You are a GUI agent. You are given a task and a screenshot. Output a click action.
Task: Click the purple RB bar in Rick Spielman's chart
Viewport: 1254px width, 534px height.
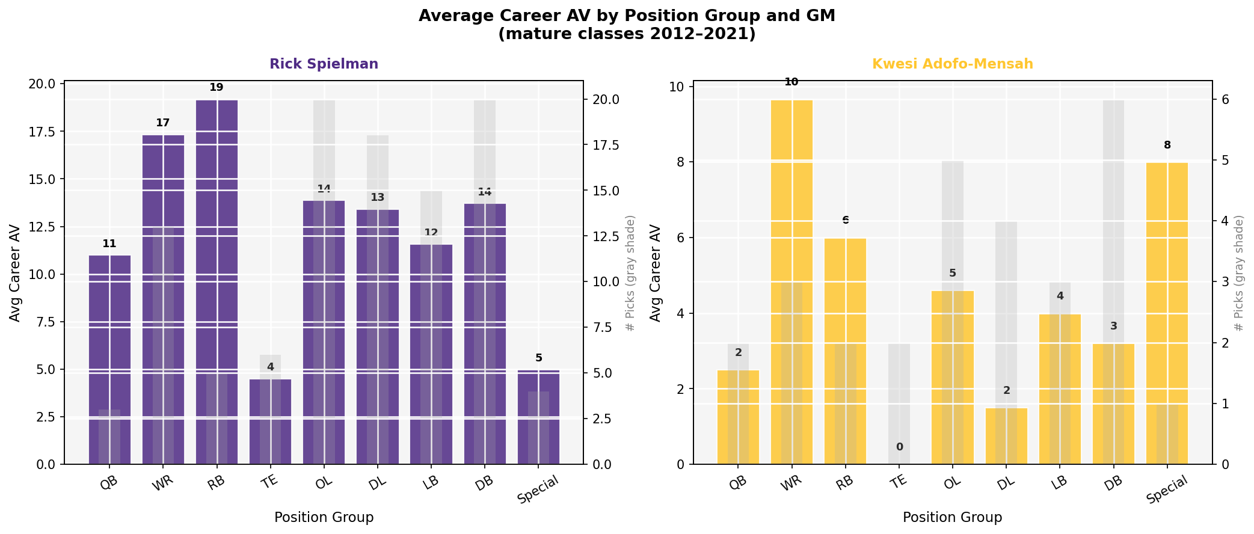(217, 283)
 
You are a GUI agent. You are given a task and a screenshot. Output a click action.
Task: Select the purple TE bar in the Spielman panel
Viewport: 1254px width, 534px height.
(270, 421)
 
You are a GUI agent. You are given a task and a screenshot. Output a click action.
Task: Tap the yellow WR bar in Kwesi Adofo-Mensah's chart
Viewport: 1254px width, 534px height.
(791, 283)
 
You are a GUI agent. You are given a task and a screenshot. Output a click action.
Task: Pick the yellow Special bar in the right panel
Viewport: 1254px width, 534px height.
(1167, 313)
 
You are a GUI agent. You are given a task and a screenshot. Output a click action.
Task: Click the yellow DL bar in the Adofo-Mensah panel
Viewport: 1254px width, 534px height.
(1006, 436)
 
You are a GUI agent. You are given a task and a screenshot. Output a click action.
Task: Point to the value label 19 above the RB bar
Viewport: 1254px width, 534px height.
(217, 88)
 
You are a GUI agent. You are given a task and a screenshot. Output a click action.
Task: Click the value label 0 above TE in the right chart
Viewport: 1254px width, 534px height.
(899, 447)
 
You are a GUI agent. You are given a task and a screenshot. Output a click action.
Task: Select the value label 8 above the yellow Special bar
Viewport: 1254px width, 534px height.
(1167, 145)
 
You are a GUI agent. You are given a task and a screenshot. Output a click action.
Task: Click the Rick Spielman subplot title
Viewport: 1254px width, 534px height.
(324, 64)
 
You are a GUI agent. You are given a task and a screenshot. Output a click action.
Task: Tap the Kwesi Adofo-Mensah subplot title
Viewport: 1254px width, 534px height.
(952, 64)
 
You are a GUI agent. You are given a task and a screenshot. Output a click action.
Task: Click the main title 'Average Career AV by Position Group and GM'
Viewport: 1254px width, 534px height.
(627, 16)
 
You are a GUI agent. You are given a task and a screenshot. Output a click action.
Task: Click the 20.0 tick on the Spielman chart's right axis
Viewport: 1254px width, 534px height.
(601, 100)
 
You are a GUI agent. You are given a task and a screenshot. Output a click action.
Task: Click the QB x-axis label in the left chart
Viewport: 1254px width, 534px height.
(108, 483)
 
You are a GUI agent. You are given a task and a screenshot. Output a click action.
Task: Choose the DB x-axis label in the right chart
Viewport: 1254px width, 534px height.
(1112, 483)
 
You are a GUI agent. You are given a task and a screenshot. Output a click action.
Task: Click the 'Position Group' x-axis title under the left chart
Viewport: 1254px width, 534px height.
(324, 517)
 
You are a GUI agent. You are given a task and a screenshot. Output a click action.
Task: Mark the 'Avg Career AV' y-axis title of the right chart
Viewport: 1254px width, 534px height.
(656, 273)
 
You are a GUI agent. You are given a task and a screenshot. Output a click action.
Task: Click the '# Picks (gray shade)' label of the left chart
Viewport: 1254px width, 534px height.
(630, 273)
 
